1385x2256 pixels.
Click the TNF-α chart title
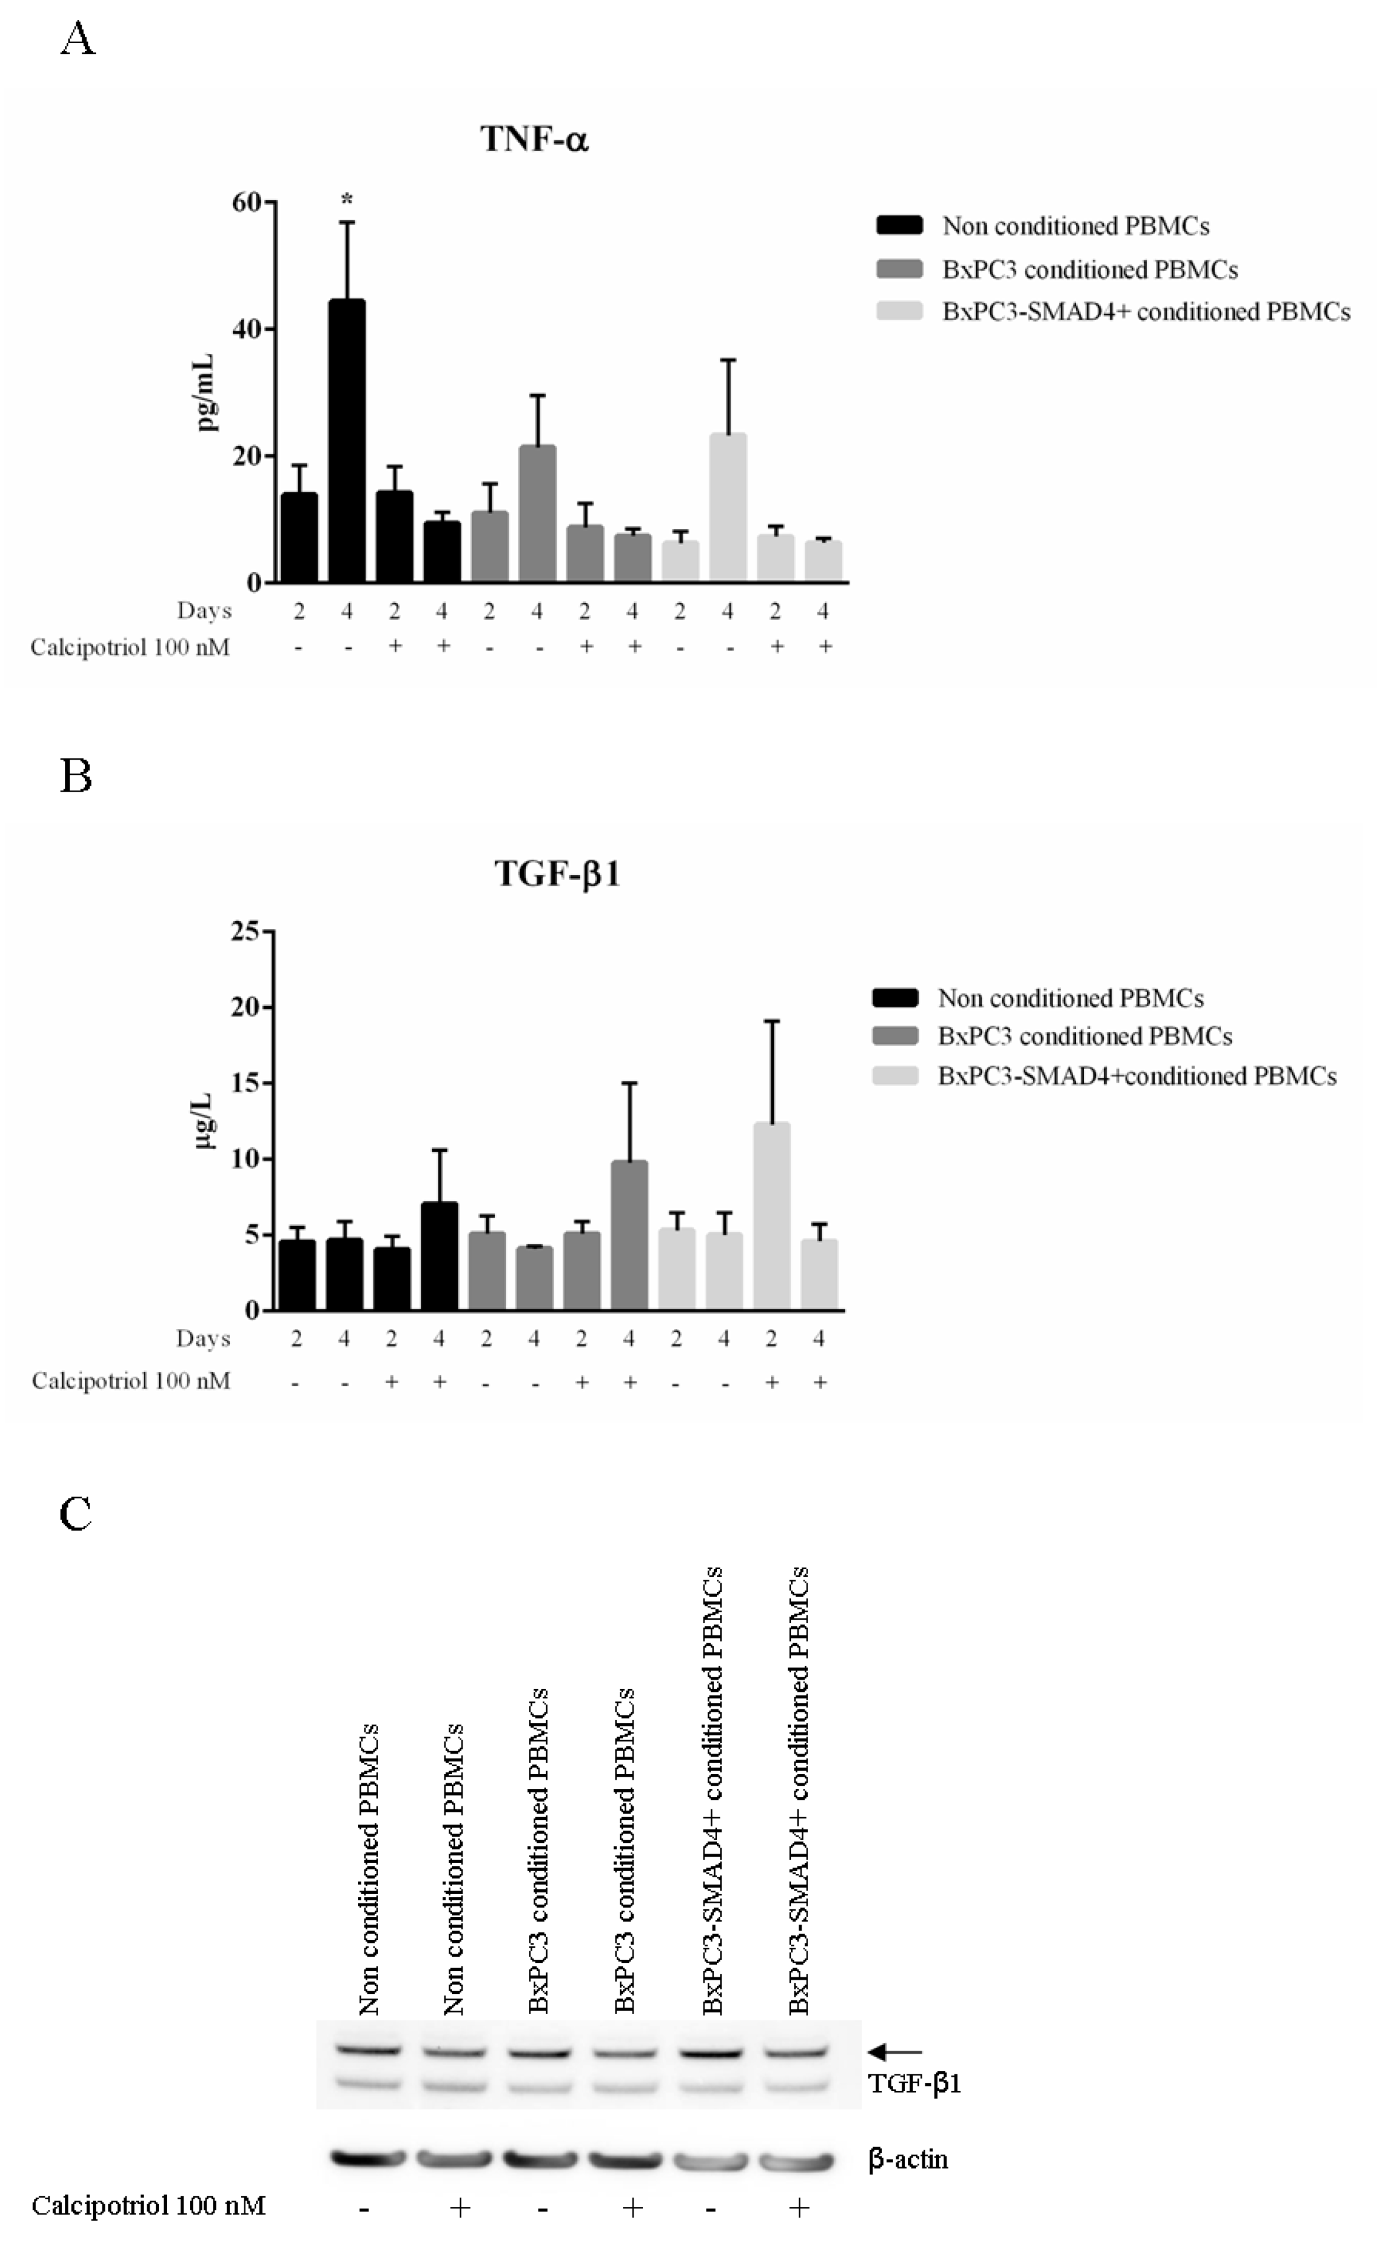click(534, 139)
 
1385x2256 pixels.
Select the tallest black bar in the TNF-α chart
click(347, 440)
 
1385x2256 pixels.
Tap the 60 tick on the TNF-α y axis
click(246, 202)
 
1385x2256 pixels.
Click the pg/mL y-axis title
click(207, 392)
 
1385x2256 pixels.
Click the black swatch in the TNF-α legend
click(899, 225)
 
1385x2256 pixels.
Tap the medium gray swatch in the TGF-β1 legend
click(895, 1036)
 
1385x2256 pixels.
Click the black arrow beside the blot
click(895, 2052)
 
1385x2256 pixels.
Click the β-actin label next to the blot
click(907, 2159)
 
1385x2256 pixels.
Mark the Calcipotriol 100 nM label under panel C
click(148, 2206)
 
